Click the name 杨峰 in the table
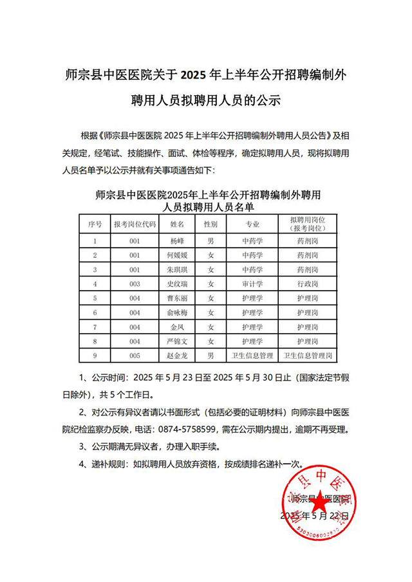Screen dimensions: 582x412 [176, 241]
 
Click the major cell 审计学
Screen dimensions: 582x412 [252, 284]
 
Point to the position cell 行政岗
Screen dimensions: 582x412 [307, 284]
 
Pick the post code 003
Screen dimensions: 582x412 [134, 284]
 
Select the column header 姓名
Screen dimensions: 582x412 [176, 224]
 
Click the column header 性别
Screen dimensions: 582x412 [211, 224]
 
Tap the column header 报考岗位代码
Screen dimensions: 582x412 [134, 224]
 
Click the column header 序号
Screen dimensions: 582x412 [95, 224]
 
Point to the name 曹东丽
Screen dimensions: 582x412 [176, 298]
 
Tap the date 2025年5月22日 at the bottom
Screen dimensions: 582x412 [315, 516]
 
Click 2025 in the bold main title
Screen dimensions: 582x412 [195, 75]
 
